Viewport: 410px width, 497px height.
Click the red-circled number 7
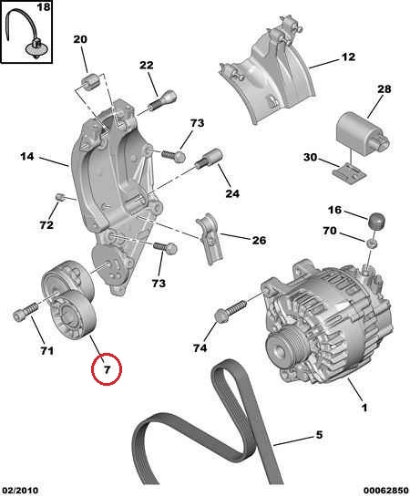tap(107, 369)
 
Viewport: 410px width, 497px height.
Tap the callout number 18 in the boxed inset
tap(44, 6)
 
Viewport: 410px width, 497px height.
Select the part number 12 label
tap(348, 57)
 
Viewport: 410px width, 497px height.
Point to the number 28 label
tap(384, 89)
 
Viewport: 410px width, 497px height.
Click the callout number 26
tap(259, 240)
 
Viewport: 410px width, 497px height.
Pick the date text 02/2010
tap(19, 491)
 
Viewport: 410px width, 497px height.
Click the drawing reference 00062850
tap(385, 491)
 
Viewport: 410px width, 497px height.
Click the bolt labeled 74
tap(231, 310)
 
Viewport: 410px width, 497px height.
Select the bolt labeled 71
tap(26, 311)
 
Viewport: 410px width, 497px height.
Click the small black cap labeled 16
tap(376, 221)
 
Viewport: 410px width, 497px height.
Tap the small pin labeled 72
tap(59, 198)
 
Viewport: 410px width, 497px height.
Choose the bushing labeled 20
tap(90, 82)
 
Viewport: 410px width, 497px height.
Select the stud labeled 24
tap(210, 158)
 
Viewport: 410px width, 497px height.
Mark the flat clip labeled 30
tap(349, 173)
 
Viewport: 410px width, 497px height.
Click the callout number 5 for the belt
tap(319, 435)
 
